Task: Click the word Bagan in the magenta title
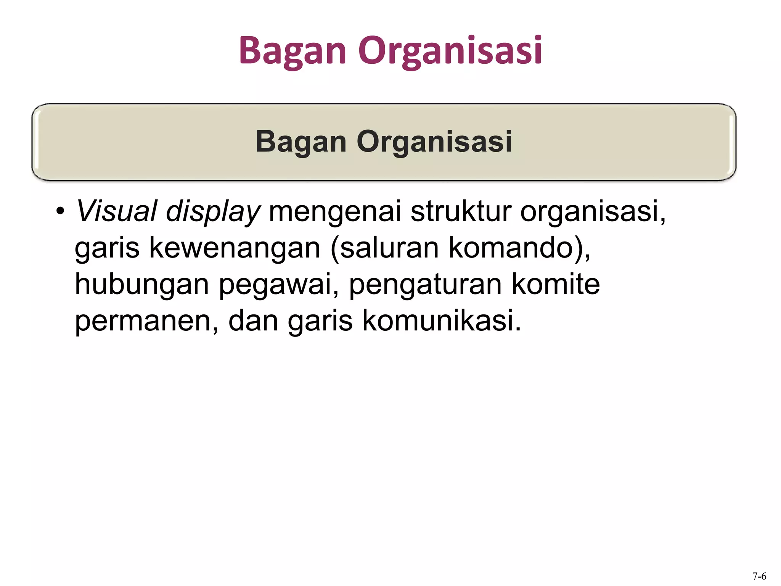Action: [292, 50]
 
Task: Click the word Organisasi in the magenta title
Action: [450, 50]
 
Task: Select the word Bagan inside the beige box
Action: [301, 142]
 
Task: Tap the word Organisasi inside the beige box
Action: [434, 142]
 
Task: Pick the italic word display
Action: [213, 212]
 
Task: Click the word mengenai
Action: [335, 212]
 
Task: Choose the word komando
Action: [511, 248]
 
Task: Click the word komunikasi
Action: [441, 320]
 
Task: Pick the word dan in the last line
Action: [253, 320]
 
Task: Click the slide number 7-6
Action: [759, 576]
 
